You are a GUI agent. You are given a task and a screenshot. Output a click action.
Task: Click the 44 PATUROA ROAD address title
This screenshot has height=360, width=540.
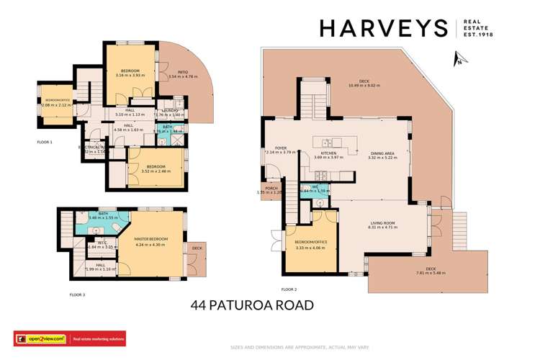[x=252, y=305]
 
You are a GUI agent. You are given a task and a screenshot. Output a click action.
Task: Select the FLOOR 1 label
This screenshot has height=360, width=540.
[x=45, y=142]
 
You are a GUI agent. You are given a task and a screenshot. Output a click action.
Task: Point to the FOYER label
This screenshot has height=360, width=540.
[x=272, y=148]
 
